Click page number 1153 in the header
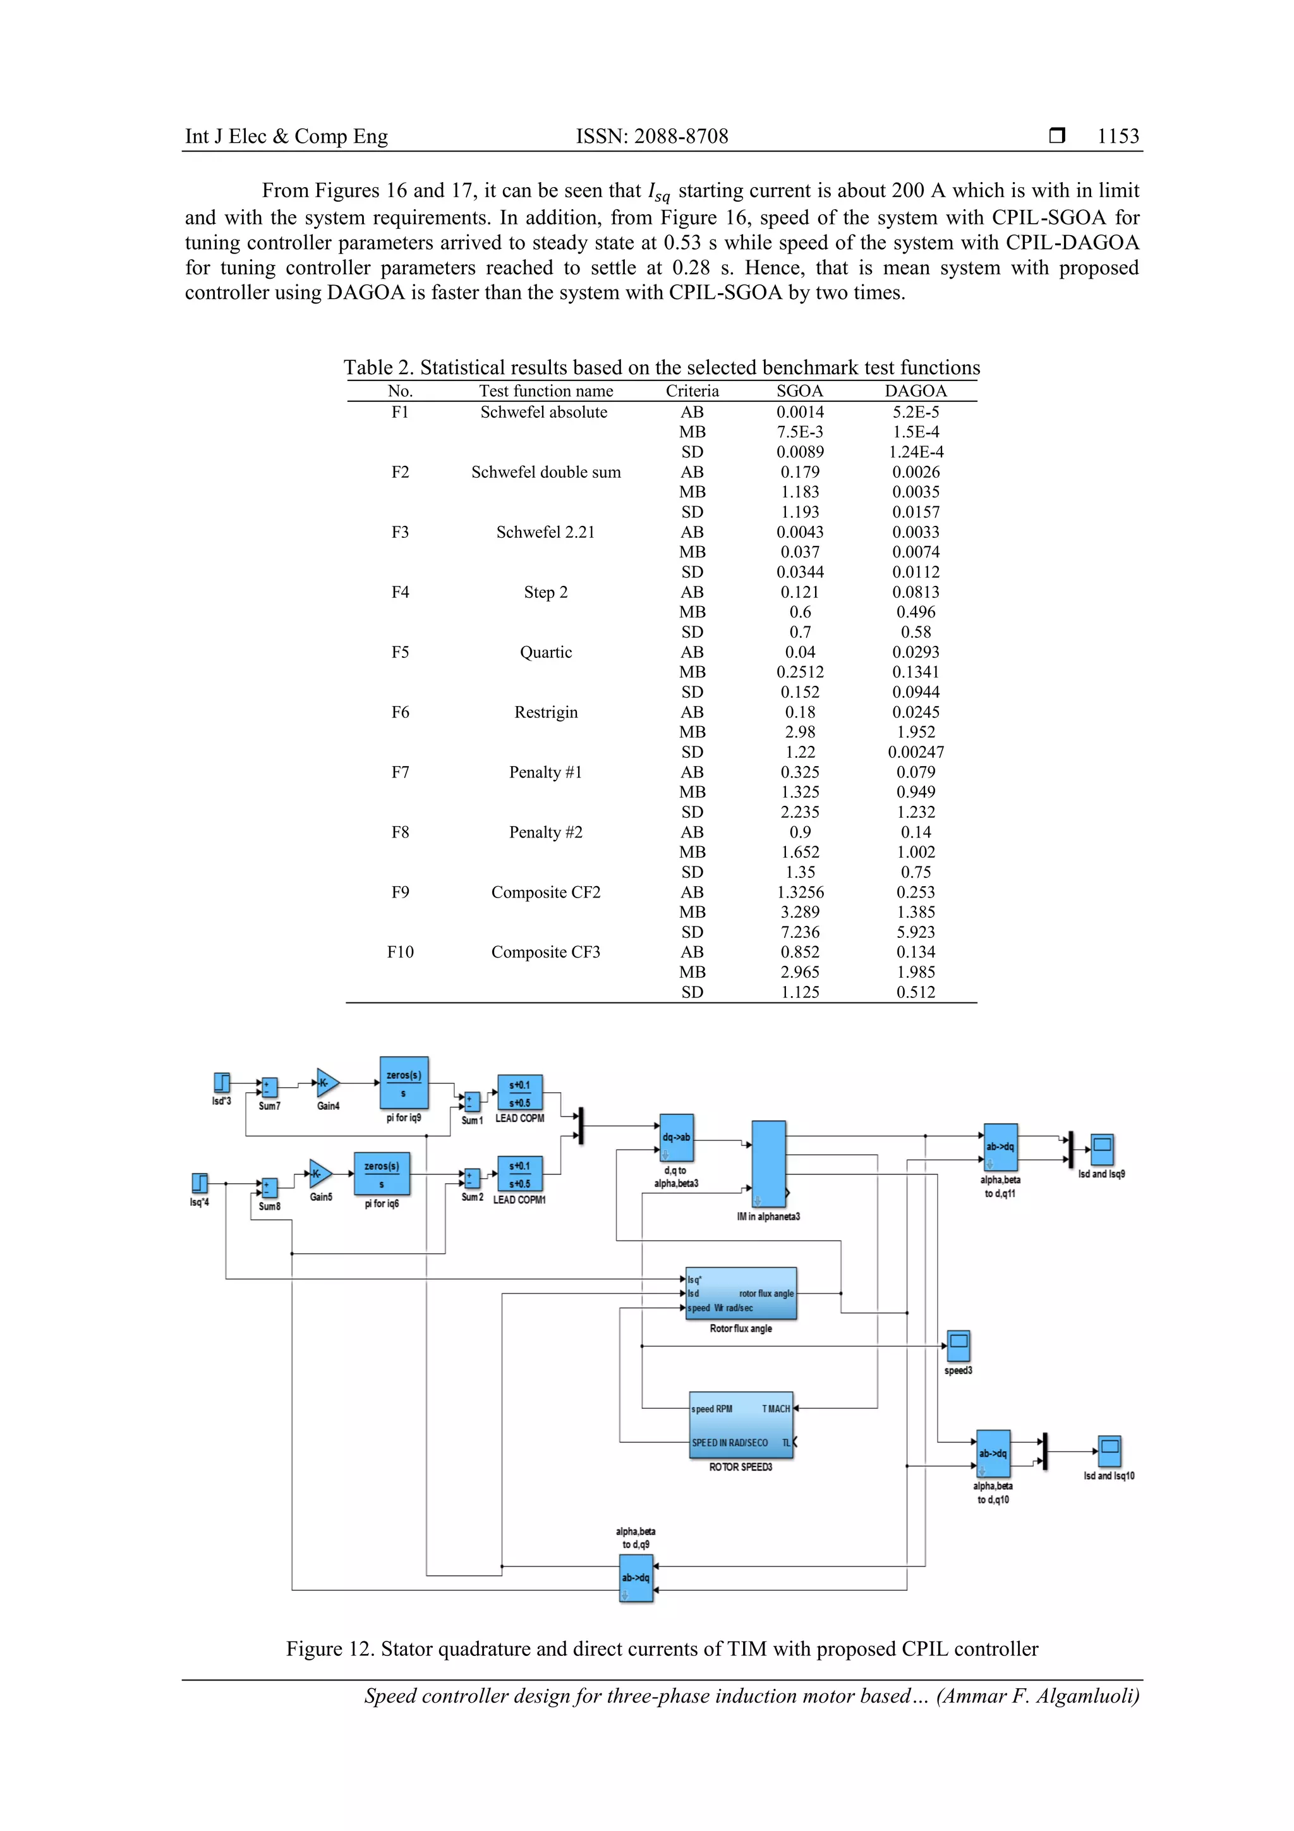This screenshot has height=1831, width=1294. pos(1118,137)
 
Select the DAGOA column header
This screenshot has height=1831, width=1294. pos(916,391)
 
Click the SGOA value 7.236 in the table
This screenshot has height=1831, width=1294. pos(800,932)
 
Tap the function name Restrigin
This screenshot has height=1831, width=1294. pos(545,712)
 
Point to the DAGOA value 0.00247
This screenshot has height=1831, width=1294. pos(916,752)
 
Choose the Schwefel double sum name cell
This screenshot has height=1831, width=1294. pos(545,472)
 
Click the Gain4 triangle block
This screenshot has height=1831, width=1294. pos(327,1083)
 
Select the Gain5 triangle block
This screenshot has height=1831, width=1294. pos(320,1174)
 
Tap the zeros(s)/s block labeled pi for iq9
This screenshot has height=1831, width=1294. pos(404,1083)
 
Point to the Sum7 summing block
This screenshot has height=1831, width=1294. pos(270,1087)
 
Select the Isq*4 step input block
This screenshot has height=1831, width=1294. pos(199,1183)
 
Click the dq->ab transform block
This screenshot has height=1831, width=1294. pos(677,1138)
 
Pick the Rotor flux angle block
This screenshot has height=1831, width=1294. pos(741,1294)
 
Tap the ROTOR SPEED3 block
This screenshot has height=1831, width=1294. pos(741,1425)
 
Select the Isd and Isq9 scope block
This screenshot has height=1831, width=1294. pos(1102,1150)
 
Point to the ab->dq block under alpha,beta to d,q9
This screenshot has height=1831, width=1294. pos(636,1578)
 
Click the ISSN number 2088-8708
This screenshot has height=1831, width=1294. pos(652,137)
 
